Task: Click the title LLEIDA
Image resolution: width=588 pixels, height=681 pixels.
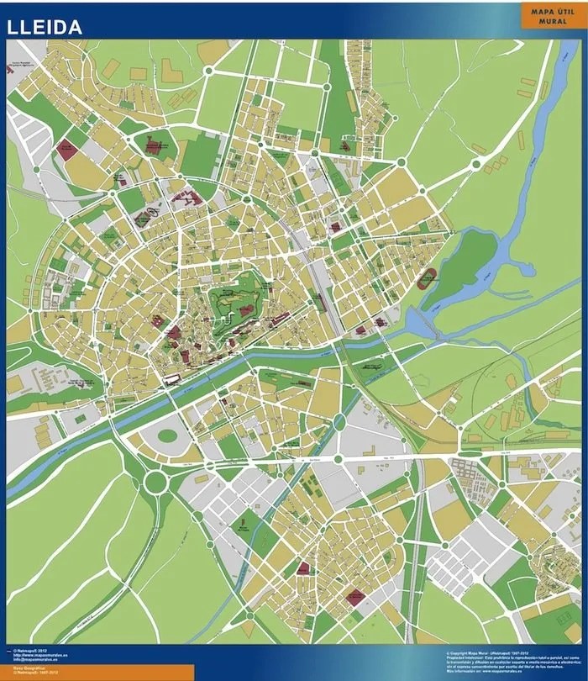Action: pos(45,27)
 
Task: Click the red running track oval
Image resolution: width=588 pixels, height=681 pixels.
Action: pos(430,277)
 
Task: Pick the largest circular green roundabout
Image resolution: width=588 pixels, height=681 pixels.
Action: pos(155,482)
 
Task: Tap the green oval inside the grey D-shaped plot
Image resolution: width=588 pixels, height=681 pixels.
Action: pos(167,436)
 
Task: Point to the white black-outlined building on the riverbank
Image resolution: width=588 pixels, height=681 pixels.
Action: pos(174,380)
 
